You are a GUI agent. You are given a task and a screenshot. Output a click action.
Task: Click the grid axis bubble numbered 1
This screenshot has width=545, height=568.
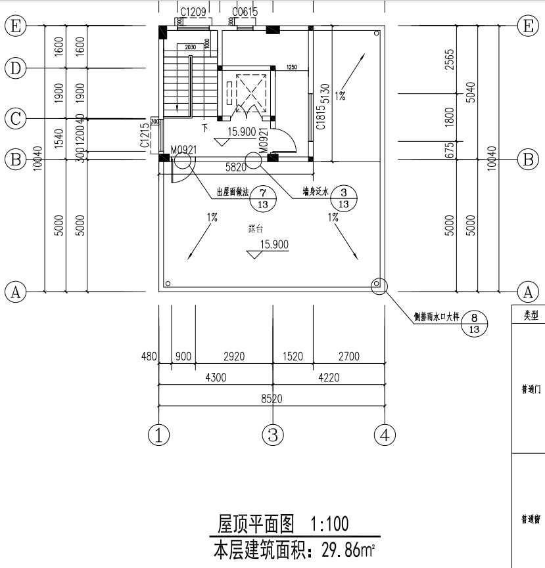click(158, 434)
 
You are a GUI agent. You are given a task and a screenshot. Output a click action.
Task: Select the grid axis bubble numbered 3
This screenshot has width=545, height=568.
click(273, 434)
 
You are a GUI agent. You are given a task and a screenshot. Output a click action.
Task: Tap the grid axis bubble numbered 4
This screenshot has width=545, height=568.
click(385, 434)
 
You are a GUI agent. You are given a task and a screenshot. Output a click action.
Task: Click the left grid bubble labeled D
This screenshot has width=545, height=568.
click(15, 67)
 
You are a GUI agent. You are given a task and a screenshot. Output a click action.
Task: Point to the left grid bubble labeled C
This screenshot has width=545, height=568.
click(15, 119)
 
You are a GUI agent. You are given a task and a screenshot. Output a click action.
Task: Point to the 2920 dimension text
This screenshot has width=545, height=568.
click(234, 357)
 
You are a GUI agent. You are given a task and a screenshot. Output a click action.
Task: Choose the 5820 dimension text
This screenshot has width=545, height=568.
click(237, 168)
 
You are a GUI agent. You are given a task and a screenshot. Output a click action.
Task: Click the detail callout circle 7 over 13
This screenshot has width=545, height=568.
click(263, 198)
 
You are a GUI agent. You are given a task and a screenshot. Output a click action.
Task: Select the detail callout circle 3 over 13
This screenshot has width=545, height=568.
click(343, 198)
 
